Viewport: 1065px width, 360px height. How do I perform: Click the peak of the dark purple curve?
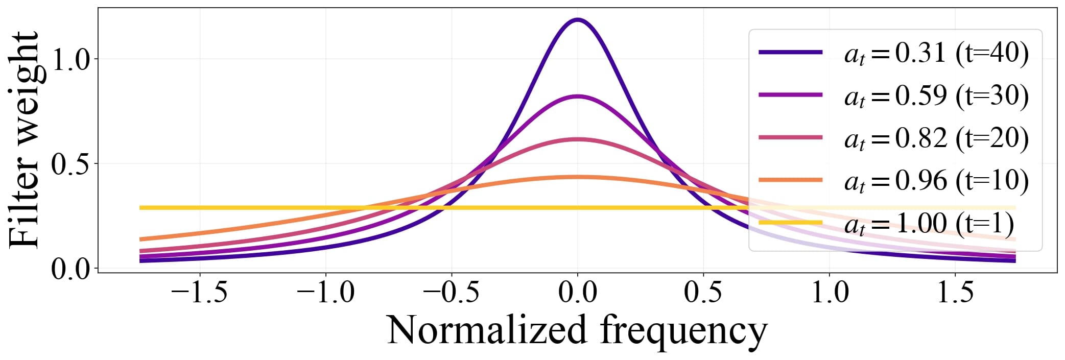coord(577,20)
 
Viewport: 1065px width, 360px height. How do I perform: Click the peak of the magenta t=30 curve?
coord(577,96)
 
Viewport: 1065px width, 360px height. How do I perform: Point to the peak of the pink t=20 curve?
coord(577,139)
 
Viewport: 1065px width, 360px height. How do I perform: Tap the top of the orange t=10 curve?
coord(577,177)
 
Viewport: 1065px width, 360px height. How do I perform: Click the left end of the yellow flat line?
coord(141,208)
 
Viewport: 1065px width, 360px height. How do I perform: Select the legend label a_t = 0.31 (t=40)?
coord(936,53)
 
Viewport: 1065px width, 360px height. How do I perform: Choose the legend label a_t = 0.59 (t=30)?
coord(936,95)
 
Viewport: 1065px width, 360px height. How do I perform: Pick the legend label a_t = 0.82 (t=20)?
coord(936,138)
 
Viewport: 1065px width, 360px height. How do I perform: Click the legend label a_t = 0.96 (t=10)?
coord(936,180)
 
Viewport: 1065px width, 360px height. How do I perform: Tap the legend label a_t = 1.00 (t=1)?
coord(929,223)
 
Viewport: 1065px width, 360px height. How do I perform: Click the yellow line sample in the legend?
coord(790,223)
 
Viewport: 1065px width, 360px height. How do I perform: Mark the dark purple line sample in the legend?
coord(790,52)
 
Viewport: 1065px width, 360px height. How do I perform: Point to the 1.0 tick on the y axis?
coord(71,60)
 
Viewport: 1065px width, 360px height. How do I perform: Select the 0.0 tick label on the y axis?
coord(71,269)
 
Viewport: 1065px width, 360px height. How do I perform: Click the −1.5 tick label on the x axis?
coord(199,293)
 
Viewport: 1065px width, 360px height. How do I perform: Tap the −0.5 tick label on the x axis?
coord(452,293)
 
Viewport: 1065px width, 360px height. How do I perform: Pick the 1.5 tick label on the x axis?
coord(955,293)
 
